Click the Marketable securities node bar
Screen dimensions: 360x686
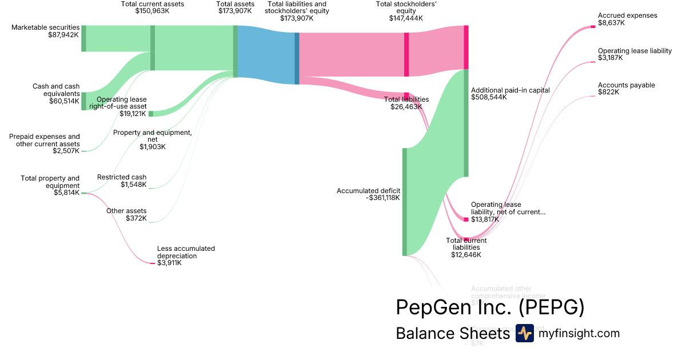pyautogui.click(x=83, y=38)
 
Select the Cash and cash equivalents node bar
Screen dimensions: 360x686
pyautogui.click(x=83, y=101)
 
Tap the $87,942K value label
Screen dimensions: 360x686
pyautogui.click(x=64, y=35)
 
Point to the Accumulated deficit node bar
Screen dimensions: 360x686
pyautogui.click(x=405, y=202)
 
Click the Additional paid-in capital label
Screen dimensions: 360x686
pyautogui.click(x=510, y=90)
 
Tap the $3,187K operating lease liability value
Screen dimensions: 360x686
pyautogui.click(x=611, y=58)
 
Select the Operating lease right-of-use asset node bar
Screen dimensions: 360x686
pyautogui.click(x=151, y=114)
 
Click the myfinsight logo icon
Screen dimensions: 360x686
pyautogui.click(x=524, y=333)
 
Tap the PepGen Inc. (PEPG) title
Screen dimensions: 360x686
pyautogui.click(x=490, y=307)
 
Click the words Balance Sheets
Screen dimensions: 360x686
pyautogui.click(x=452, y=334)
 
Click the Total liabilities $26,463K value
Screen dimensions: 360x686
pyautogui.click(x=406, y=107)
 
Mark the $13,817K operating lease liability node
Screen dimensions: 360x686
pyautogui.click(x=466, y=219)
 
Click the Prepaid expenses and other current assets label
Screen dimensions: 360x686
pyautogui.click(x=45, y=140)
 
